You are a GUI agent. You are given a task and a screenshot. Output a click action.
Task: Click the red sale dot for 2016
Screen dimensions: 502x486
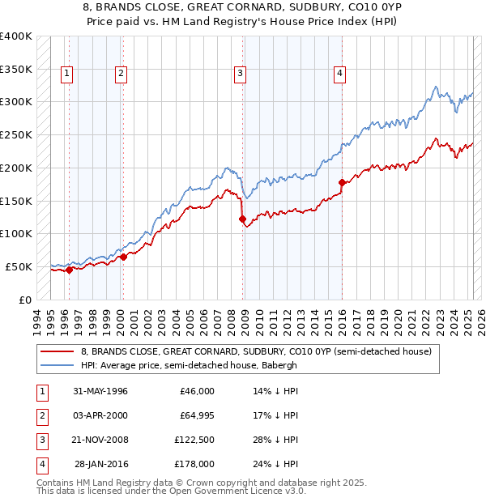click(342, 182)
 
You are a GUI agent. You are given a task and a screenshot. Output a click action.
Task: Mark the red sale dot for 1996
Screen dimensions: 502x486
click(70, 270)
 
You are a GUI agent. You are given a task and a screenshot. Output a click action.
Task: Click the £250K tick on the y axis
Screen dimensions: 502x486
click(16, 134)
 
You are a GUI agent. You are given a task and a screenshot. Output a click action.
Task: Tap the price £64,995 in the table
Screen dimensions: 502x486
click(194, 415)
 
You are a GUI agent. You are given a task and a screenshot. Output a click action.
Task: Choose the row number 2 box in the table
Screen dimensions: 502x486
click(40, 415)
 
